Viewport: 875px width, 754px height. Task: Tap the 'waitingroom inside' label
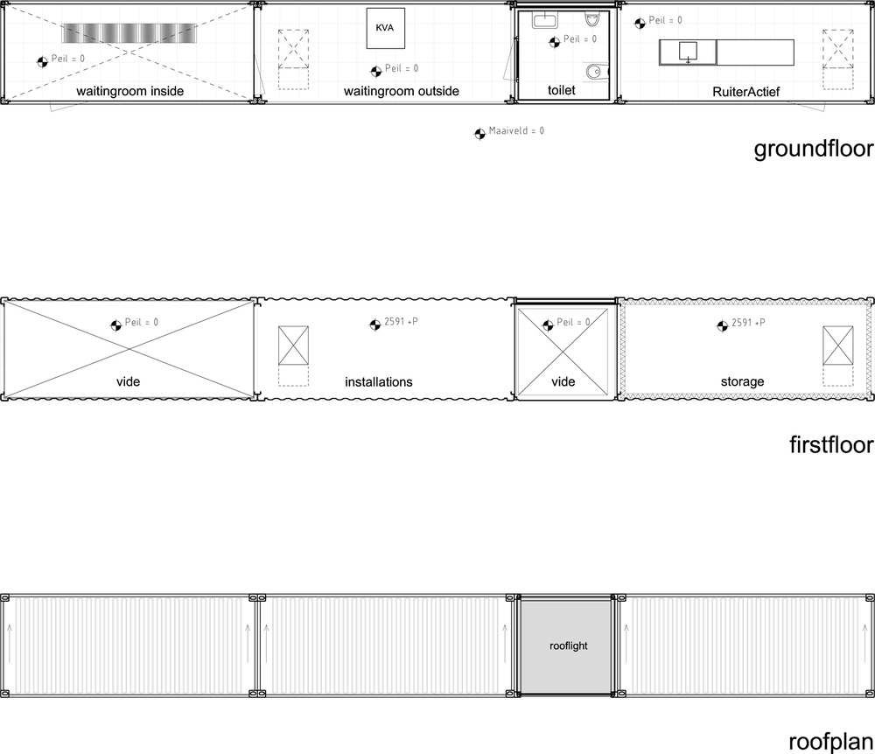(x=130, y=92)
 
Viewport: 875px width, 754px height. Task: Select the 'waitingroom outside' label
(x=402, y=92)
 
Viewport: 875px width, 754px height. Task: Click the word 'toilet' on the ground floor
(x=562, y=90)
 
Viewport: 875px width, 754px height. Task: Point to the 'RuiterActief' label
(x=746, y=92)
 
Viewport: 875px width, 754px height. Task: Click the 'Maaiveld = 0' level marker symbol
(x=479, y=134)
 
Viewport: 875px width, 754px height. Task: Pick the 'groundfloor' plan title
(x=814, y=149)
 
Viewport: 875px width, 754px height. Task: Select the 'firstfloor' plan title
(x=831, y=444)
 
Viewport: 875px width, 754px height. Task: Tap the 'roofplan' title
(x=831, y=742)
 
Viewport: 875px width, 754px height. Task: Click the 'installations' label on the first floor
(x=378, y=382)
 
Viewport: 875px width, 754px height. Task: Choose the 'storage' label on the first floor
(x=742, y=382)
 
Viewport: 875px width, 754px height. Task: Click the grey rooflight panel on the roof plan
(x=566, y=646)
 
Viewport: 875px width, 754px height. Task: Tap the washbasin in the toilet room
(x=543, y=21)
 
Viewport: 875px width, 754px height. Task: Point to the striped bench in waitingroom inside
(x=129, y=33)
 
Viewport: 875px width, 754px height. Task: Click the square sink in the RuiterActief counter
(x=688, y=52)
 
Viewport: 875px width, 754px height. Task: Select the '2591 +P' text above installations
(x=402, y=322)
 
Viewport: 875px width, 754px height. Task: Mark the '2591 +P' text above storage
(x=748, y=323)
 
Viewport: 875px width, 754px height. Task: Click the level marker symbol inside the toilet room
(x=555, y=42)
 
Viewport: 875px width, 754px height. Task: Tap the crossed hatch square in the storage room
(x=837, y=346)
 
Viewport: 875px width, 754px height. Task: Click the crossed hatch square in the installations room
(x=293, y=346)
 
